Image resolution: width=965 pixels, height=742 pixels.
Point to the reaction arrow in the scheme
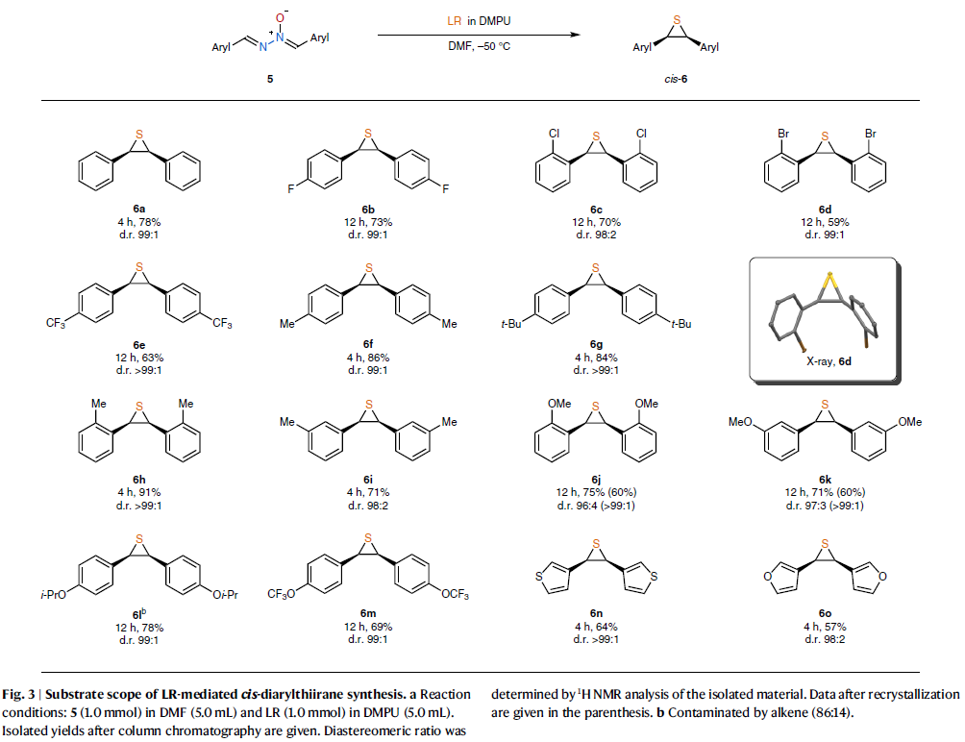(480, 35)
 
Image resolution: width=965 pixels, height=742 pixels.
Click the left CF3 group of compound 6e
(59, 323)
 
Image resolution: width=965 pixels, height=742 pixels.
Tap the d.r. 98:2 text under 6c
(596, 235)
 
